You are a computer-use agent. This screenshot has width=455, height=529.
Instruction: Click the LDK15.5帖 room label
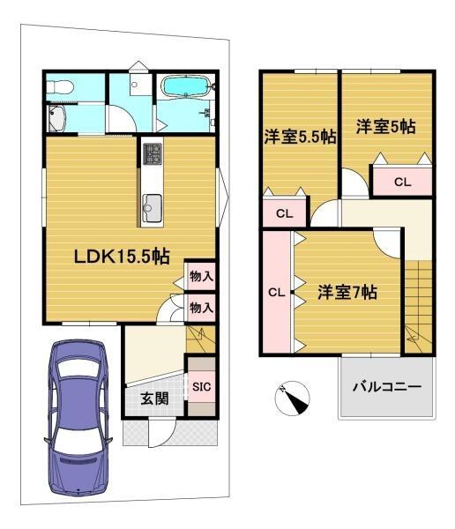pos(122,257)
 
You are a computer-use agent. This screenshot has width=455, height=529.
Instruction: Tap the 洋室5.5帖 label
pos(300,137)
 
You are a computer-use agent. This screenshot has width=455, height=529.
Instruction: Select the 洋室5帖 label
pos(386,126)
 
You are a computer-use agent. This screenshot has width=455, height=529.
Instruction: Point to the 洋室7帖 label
pos(347,292)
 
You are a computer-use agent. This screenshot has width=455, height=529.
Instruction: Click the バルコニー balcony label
pos(387,387)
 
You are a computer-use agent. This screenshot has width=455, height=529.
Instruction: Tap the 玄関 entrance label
pos(154,399)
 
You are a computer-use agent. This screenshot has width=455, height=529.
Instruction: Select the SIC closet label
pos(202,387)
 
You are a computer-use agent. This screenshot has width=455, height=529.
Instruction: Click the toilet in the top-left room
pos(60,86)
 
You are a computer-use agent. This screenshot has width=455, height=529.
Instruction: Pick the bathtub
pos(186,86)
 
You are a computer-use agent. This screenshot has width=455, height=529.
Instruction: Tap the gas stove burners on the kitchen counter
pos(153,153)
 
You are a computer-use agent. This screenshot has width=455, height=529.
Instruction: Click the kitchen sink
pos(152,208)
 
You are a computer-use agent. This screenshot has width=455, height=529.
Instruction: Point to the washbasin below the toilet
pos(57,118)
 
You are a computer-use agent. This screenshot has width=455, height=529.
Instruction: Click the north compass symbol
pos(292,399)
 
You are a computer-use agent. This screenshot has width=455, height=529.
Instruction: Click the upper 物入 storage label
pos(202,277)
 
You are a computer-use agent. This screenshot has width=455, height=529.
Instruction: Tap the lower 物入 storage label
pos(202,308)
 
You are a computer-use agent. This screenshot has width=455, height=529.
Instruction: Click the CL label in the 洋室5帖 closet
pos(402,183)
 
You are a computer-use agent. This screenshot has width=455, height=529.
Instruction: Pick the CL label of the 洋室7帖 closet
pos(277,292)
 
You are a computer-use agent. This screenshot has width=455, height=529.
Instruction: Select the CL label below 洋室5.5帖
pos(284,213)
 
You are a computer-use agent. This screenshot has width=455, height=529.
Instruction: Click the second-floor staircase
pos(419,306)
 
